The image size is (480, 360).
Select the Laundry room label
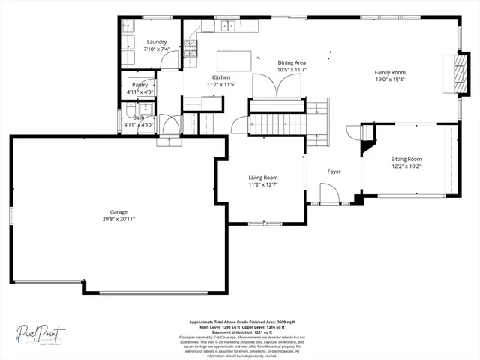tap(157, 43)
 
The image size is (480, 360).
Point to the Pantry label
tap(139, 85)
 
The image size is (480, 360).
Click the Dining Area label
tap(292, 62)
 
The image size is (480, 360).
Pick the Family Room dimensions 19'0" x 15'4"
tap(389, 79)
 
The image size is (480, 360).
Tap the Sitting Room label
tap(406, 159)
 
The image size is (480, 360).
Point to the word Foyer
tap(334, 172)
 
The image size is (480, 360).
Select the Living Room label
tap(263, 178)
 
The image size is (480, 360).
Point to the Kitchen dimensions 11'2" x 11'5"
tap(221, 85)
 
